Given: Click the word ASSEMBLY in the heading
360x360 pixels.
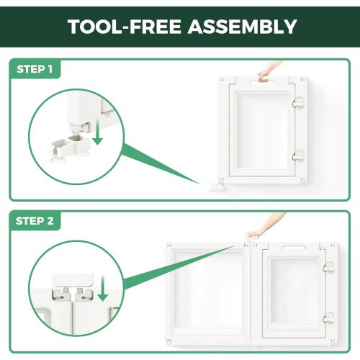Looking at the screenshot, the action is point(243,27).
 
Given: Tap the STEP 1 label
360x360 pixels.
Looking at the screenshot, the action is point(35,69).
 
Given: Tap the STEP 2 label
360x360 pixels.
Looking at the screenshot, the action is point(35,221).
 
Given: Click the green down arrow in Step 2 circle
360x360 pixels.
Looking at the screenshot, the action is point(103,288).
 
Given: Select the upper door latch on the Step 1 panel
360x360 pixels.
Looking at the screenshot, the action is point(298,103).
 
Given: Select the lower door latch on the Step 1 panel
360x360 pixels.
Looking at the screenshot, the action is point(298,156).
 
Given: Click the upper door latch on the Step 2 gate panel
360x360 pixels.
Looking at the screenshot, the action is point(328,267).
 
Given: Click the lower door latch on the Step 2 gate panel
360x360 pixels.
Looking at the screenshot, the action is point(328,318).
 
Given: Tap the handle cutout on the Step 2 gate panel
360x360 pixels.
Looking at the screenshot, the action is point(294,248).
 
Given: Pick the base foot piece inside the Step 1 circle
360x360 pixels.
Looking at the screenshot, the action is point(70,146).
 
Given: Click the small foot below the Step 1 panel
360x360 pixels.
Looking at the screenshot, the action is point(217,187).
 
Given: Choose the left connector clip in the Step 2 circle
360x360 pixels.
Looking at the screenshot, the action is point(61,294).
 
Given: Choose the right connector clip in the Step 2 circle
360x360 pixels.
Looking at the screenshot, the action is point(84,294).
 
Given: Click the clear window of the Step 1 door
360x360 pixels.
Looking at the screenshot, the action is point(262,131).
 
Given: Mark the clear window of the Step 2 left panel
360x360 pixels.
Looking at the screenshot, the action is point(208,290).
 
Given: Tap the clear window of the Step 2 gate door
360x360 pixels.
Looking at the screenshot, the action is point(294,291).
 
